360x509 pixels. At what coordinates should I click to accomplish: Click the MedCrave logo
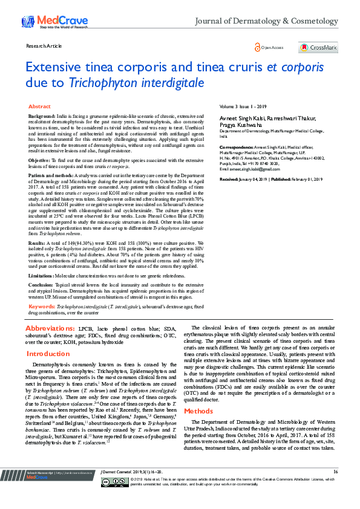click(45, 22)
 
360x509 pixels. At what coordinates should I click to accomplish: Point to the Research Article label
click(44, 45)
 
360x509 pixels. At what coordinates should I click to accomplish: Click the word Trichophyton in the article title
click(98, 82)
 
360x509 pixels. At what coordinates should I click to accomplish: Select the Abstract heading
click(40, 106)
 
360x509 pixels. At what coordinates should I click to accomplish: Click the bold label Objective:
click(40, 160)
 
